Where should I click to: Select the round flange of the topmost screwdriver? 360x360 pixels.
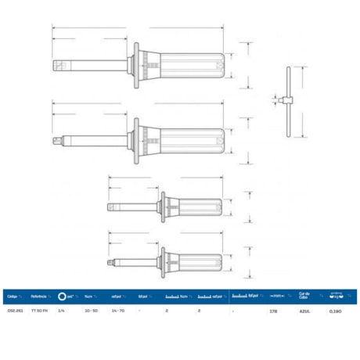point(138,64)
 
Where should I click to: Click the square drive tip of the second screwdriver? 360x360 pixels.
point(57,142)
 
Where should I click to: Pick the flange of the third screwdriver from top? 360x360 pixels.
point(162,208)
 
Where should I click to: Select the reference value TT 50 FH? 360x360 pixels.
point(41,311)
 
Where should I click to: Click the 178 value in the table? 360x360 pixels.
point(273,311)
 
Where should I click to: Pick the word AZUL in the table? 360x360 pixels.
point(305,311)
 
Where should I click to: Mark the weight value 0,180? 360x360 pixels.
point(335,311)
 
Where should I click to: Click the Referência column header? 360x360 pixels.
point(40,297)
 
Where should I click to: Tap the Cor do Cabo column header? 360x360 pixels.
point(304,297)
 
